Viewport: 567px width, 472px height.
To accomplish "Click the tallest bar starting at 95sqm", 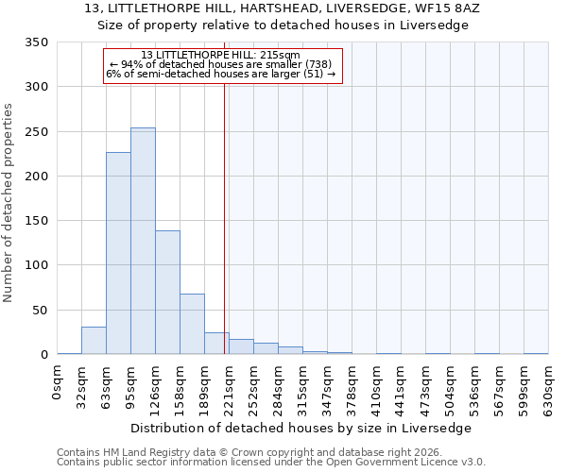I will pos(143,241).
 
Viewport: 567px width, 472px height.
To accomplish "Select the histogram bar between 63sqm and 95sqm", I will pos(118,253).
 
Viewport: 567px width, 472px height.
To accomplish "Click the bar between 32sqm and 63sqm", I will pos(94,341).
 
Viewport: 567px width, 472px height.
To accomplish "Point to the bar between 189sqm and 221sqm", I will pos(216,344).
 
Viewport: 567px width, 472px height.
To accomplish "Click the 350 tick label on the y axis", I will pos(36,42).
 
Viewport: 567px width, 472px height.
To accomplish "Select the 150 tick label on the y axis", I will pos(36,221).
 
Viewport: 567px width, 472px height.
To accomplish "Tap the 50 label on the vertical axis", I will pos(40,311).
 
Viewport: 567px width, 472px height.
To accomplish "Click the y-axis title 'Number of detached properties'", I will pos(9,203).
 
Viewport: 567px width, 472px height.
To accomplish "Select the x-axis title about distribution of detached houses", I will pos(300,428).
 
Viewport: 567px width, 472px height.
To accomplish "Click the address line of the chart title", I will pos(283,8).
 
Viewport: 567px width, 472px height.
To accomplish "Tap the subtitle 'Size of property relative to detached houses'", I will pos(283,25).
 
